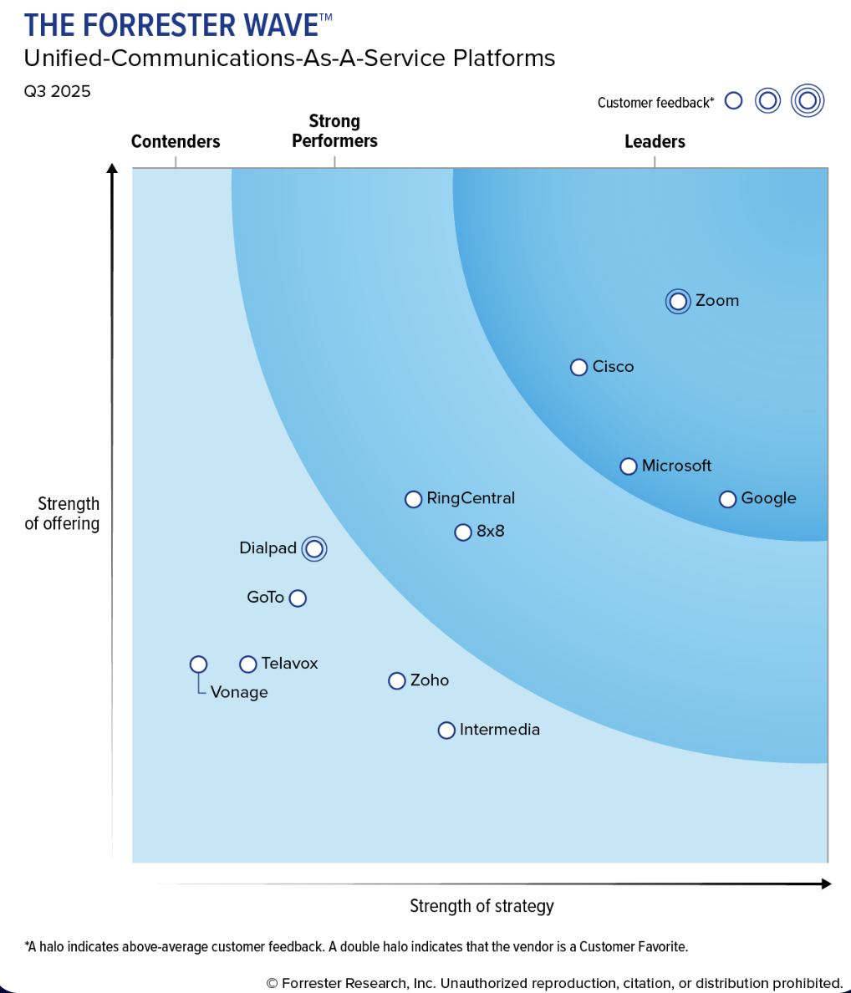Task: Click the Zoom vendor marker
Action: pos(677,302)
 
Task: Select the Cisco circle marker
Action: pos(578,367)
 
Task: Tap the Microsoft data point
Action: pos(628,466)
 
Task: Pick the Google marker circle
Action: pos(727,500)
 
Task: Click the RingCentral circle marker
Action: pos(414,500)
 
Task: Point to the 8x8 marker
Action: pos(463,532)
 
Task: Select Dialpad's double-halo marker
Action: pos(314,549)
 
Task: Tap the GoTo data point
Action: pos(298,598)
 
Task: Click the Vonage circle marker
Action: pos(198,665)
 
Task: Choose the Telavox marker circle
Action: pos(248,665)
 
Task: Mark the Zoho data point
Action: pos(397,680)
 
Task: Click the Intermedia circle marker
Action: pos(446,731)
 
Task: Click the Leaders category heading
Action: pos(655,141)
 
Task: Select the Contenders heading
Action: pos(176,141)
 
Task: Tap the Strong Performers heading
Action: pos(334,131)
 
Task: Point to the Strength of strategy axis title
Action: pos(482,906)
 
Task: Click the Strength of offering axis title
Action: pos(62,513)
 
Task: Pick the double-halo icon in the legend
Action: pos(808,100)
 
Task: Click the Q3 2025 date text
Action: pos(57,92)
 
